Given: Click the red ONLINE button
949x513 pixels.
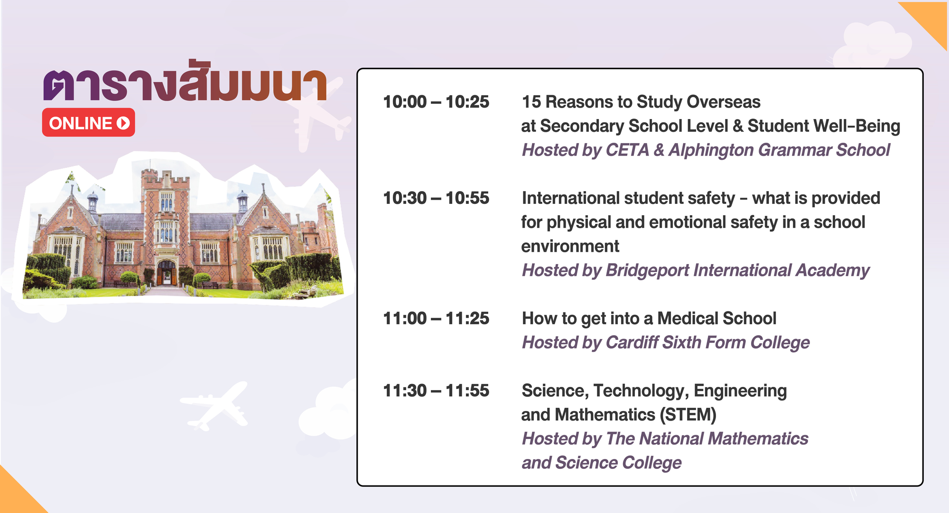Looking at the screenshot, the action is tap(89, 122).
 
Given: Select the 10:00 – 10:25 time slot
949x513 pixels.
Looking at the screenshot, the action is tap(436, 102).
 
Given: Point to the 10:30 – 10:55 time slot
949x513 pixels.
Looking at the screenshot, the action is tap(436, 198).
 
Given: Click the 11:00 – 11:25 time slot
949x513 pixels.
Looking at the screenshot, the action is tap(436, 319).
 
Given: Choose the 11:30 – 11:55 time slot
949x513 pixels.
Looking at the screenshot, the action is tap(436, 391).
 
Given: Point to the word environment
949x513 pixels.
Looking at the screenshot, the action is tap(570, 247).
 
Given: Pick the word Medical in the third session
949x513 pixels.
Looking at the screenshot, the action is tap(686, 319).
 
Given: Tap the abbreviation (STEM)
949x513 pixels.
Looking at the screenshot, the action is tap(688, 415).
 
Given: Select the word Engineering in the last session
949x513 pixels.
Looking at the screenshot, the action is tap(740, 391).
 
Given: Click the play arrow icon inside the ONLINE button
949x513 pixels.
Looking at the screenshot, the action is tap(123, 123).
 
